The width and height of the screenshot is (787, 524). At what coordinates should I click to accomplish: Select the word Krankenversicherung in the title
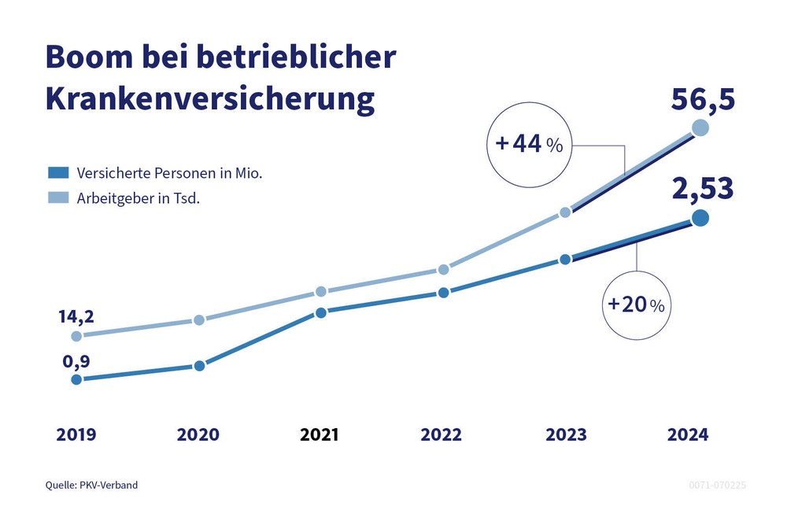coord(209,101)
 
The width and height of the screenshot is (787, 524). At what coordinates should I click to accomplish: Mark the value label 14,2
coord(76,316)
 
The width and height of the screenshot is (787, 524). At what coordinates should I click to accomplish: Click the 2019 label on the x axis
coord(76,434)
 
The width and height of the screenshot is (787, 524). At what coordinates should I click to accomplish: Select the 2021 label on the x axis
coord(320,434)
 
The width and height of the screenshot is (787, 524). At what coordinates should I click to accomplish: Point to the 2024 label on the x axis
coord(687,434)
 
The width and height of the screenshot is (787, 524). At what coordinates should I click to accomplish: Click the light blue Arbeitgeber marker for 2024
coord(700,128)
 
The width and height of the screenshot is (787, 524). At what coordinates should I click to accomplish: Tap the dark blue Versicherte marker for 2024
coord(700,218)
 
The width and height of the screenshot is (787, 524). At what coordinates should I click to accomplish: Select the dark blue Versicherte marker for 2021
coord(321,312)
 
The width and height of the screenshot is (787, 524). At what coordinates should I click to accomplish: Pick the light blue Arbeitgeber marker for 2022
coord(443,269)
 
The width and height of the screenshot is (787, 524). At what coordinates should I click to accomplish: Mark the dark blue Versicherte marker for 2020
coord(199,366)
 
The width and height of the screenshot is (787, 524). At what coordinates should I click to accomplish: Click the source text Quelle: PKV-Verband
coord(91,485)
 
